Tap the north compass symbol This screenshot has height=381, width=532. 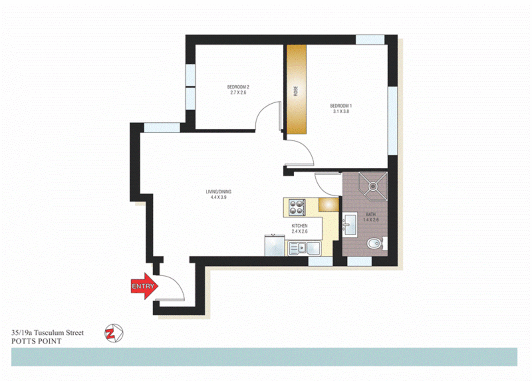click(x=114, y=333)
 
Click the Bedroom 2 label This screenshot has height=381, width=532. click(x=238, y=87)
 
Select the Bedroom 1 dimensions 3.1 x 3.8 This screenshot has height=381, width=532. click(x=341, y=111)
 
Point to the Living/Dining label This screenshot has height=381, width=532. click(x=219, y=192)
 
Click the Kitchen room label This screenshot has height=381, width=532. click(x=300, y=226)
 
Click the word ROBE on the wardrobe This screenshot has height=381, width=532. click(x=296, y=91)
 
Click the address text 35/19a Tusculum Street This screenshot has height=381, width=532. click(x=48, y=333)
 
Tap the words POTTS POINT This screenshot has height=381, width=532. click(x=36, y=341)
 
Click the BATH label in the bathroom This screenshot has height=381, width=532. click(x=371, y=214)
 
